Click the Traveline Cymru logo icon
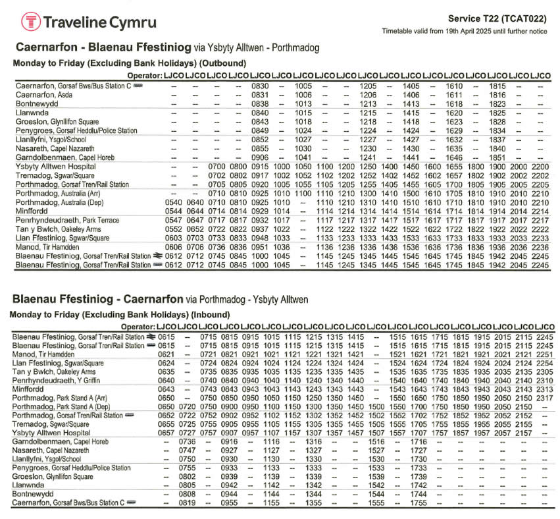[x=30, y=22]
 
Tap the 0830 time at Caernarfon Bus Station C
[x=260, y=86]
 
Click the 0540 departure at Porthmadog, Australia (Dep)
[x=174, y=202]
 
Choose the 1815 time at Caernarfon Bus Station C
[x=498, y=86]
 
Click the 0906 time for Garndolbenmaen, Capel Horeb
[x=260, y=158]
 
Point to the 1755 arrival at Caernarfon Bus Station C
[x=419, y=503]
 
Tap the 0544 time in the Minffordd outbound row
[x=174, y=211]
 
